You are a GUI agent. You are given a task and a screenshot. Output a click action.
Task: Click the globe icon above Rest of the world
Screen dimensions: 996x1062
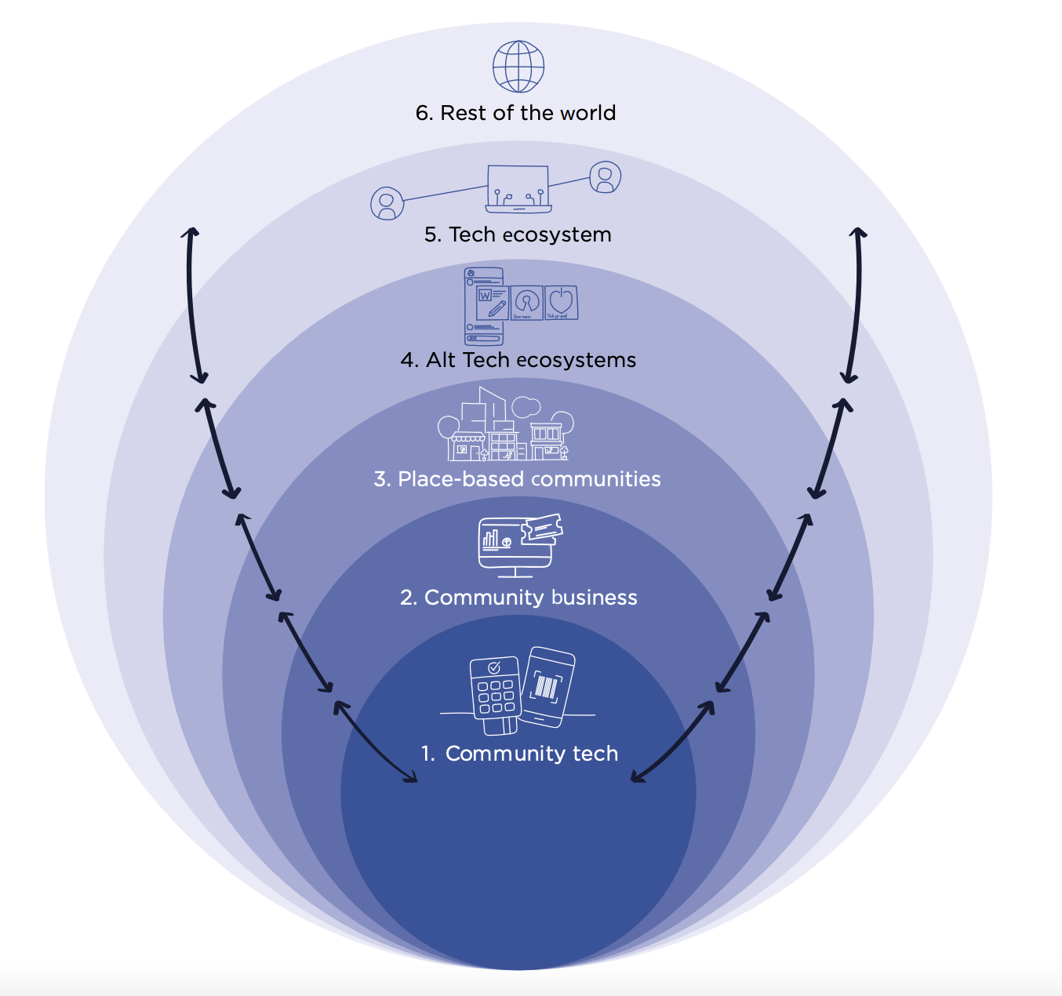tap(518, 67)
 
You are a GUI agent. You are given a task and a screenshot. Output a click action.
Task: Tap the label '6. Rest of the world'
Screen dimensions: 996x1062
tap(515, 113)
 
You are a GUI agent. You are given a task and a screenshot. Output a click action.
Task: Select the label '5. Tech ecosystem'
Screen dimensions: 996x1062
tap(518, 234)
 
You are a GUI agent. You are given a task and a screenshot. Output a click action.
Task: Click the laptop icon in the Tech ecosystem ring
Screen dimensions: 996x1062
tap(518, 189)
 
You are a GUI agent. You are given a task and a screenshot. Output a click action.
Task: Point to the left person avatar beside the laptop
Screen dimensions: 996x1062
tap(387, 203)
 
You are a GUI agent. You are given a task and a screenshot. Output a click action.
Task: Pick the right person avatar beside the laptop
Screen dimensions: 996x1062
tap(605, 177)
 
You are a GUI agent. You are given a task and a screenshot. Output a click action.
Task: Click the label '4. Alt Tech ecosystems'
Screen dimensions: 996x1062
tap(518, 360)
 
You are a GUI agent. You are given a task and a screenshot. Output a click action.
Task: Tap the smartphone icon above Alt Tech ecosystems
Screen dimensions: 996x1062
tap(483, 307)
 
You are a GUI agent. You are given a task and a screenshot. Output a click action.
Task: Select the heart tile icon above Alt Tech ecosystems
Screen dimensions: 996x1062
tap(561, 302)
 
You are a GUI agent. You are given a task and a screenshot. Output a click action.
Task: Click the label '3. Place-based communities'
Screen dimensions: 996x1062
tap(518, 479)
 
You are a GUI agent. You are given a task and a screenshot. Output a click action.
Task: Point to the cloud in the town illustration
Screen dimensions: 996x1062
tap(526, 407)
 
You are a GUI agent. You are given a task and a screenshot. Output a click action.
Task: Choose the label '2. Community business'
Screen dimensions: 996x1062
tap(518, 598)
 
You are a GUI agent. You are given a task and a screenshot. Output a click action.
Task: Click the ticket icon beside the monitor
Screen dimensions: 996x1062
tap(542, 529)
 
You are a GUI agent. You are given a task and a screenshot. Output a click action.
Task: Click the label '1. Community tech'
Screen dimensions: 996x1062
tap(519, 754)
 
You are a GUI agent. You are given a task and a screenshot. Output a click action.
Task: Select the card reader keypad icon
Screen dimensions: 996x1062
tap(495, 694)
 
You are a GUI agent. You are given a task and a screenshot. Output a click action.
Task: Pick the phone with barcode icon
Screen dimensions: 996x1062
tap(548, 686)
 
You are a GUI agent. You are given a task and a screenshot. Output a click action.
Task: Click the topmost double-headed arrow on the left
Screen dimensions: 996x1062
tap(195, 305)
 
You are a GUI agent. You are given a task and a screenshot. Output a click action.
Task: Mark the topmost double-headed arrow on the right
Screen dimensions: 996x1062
tap(854, 305)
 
